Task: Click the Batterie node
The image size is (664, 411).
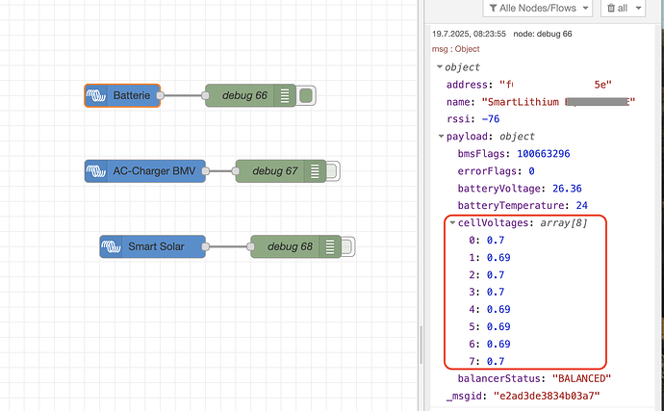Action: (123, 95)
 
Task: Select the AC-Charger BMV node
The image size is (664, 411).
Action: (144, 171)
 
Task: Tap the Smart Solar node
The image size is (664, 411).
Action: (153, 246)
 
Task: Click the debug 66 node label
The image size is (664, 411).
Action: (244, 95)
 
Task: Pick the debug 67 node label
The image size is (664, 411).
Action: (274, 171)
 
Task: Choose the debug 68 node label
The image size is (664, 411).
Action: (290, 246)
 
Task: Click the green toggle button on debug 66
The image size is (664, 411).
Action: (306, 95)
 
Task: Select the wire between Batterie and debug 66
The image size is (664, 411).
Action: (184, 95)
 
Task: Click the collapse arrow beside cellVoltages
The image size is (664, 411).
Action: (452, 222)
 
